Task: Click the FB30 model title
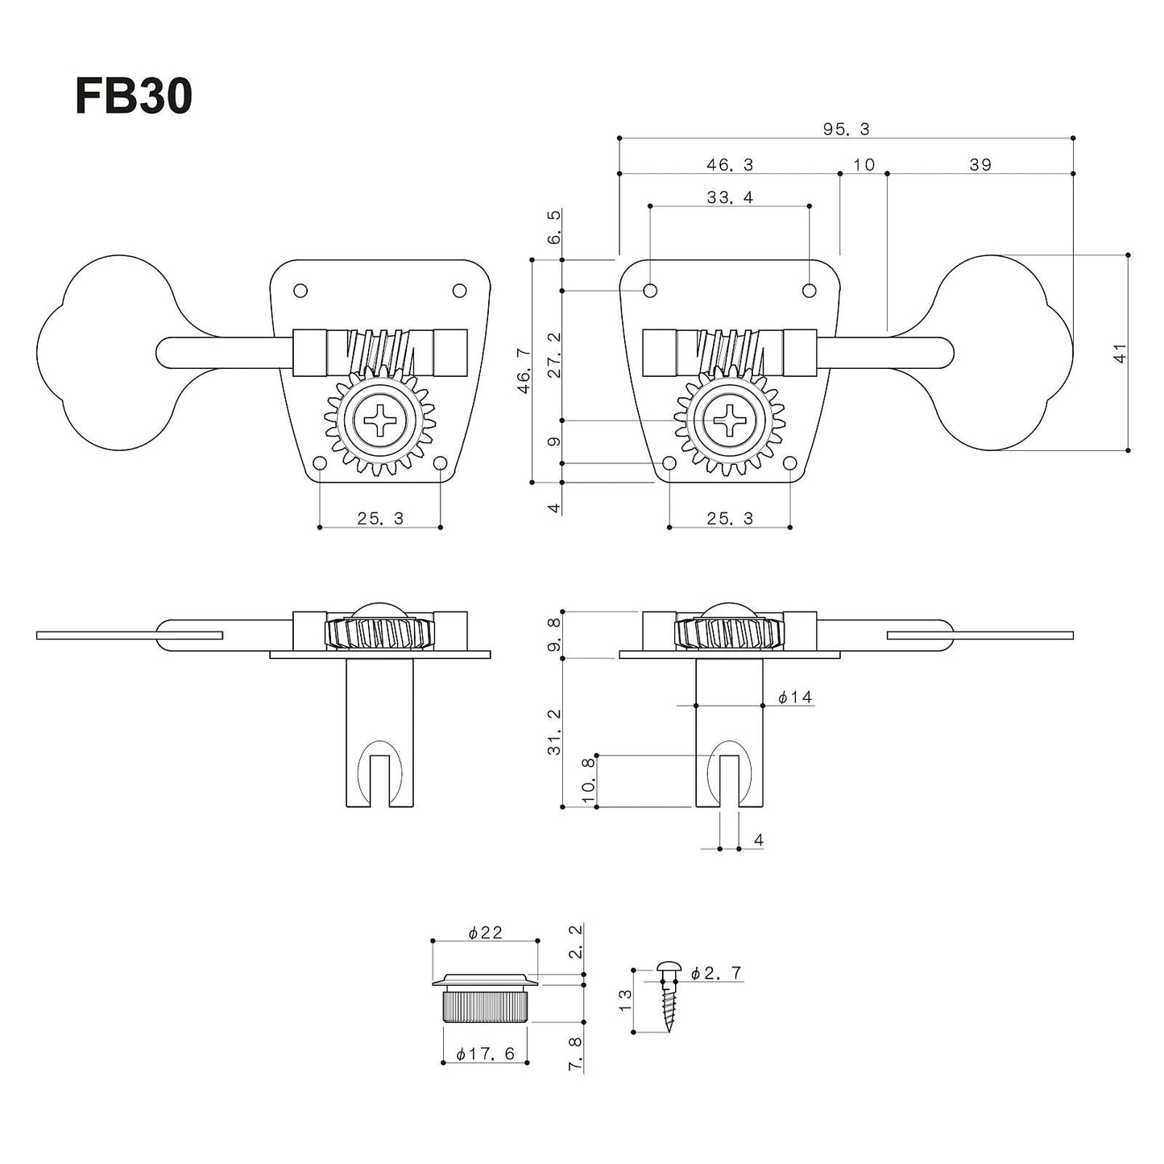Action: [134, 98]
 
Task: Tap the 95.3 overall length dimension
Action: [846, 129]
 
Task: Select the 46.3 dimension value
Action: [730, 164]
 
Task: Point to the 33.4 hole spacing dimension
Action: [730, 197]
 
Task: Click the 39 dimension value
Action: [980, 164]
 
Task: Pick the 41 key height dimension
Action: [1120, 353]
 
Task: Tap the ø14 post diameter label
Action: [794, 698]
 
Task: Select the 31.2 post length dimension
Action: [553, 732]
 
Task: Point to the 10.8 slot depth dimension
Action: [588, 780]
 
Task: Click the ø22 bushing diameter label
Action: [485, 932]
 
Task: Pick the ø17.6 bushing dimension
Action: [485, 1054]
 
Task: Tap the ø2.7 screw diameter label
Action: [716, 973]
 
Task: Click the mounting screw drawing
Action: [668, 995]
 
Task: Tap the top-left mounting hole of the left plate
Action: [300, 290]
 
